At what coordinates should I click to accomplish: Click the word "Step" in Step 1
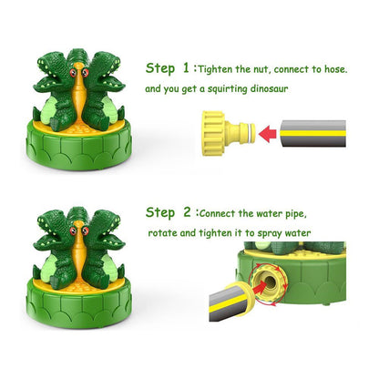click(x=160, y=68)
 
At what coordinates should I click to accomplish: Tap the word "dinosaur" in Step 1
click(x=269, y=88)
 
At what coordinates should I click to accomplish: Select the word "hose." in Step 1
click(x=335, y=69)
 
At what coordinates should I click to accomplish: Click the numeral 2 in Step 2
click(x=187, y=212)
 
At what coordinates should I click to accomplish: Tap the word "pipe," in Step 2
click(x=296, y=214)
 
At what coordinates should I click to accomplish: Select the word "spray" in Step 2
click(x=270, y=234)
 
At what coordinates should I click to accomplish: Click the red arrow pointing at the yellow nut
click(x=268, y=134)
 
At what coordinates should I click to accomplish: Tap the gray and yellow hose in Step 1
click(x=312, y=134)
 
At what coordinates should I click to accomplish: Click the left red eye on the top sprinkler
click(x=73, y=73)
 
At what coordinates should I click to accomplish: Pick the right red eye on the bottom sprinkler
click(x=86, y=230)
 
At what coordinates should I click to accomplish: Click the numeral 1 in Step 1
click(x=186, y=68)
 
